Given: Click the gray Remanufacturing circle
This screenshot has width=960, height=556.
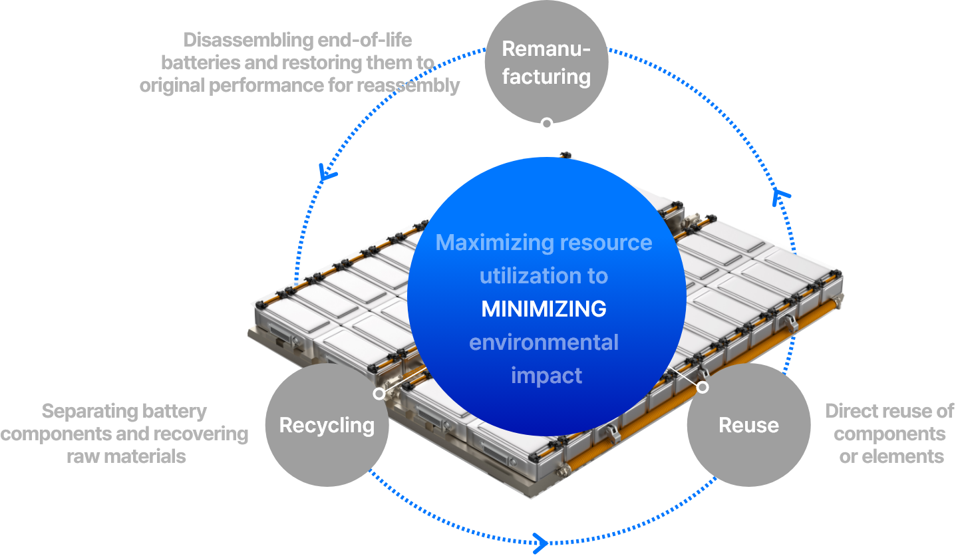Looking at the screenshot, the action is pyautogui.click(x=546, y=62).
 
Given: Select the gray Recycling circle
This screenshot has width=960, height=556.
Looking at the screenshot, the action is pyautogui.click(x=327, y=425).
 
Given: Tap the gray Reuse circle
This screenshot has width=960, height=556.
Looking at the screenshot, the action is pyautogui.click(x=748, y=425).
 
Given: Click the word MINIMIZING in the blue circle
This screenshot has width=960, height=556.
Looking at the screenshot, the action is pyautogui.click(x=544, y=309).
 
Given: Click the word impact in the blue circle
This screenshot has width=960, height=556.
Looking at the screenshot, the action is pyautogui.click(x=546, y=376).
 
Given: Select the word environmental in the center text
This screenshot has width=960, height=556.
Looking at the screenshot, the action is pyautogui.click(x=544, y=343).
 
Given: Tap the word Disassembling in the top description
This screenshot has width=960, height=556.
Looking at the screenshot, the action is pyautogui.click(x=248, y=41).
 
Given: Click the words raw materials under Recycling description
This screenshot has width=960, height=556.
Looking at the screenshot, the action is pyautogui.click(x=126, y=457).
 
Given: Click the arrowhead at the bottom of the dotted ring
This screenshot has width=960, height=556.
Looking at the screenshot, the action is pyautogui.click(x=541, y=543).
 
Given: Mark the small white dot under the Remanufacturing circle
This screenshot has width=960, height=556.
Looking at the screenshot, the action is pyautogui.click(x=546, y=123).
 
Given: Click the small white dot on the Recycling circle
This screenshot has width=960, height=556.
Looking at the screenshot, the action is pyautogui.click(x=379, y=393).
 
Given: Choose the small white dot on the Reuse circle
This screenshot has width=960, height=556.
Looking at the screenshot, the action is pyautogui.click(x=703, y=387).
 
